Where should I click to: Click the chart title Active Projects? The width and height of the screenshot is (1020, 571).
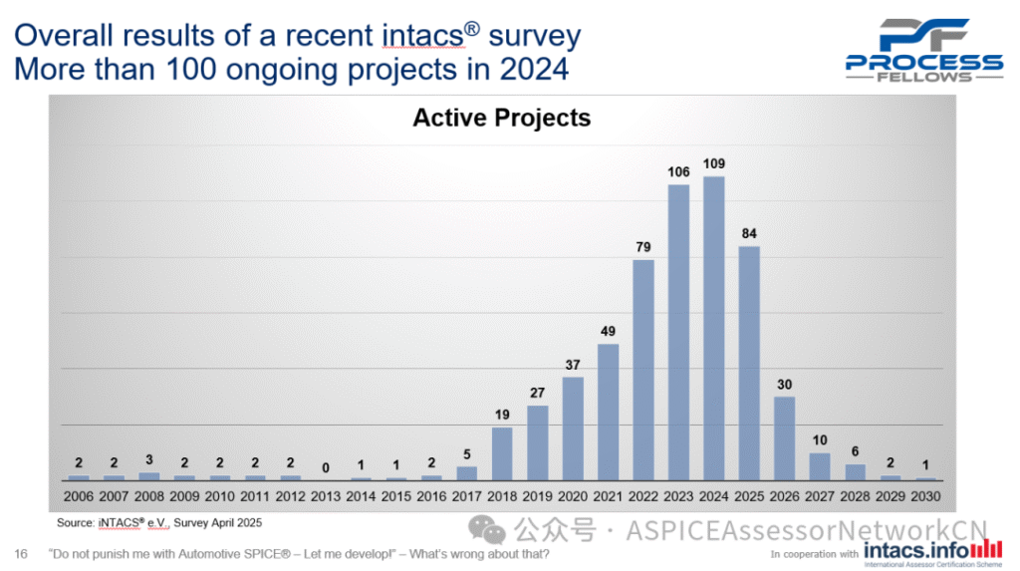click(x=501, y=118)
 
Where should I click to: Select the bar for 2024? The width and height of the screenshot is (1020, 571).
click(x=714, y=328)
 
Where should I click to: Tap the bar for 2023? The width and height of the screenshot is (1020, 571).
click(x=678, y=332)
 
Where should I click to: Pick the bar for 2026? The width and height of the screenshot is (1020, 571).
click(x=785, y=437)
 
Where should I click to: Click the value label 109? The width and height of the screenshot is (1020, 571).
click(x=714, y=163)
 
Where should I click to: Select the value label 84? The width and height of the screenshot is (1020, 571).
click(x=750, y=234)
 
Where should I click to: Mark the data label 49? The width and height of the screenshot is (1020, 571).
click(x=609, y=331)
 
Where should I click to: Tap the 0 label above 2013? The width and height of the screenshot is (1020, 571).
click(x=326, y=466)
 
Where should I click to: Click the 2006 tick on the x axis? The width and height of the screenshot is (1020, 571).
click(x=79, y=495)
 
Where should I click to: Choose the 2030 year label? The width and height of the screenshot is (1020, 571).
click(x=926, y=495)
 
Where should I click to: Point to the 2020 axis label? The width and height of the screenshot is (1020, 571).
click(x=573, y=495)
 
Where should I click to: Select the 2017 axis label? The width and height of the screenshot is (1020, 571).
click(x=467, y=495)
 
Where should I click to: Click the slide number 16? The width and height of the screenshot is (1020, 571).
click(x=21, y=553)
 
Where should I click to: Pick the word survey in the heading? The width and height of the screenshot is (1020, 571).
click(x=533, y=36)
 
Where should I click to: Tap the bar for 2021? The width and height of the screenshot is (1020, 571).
click(x=609, y=412)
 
